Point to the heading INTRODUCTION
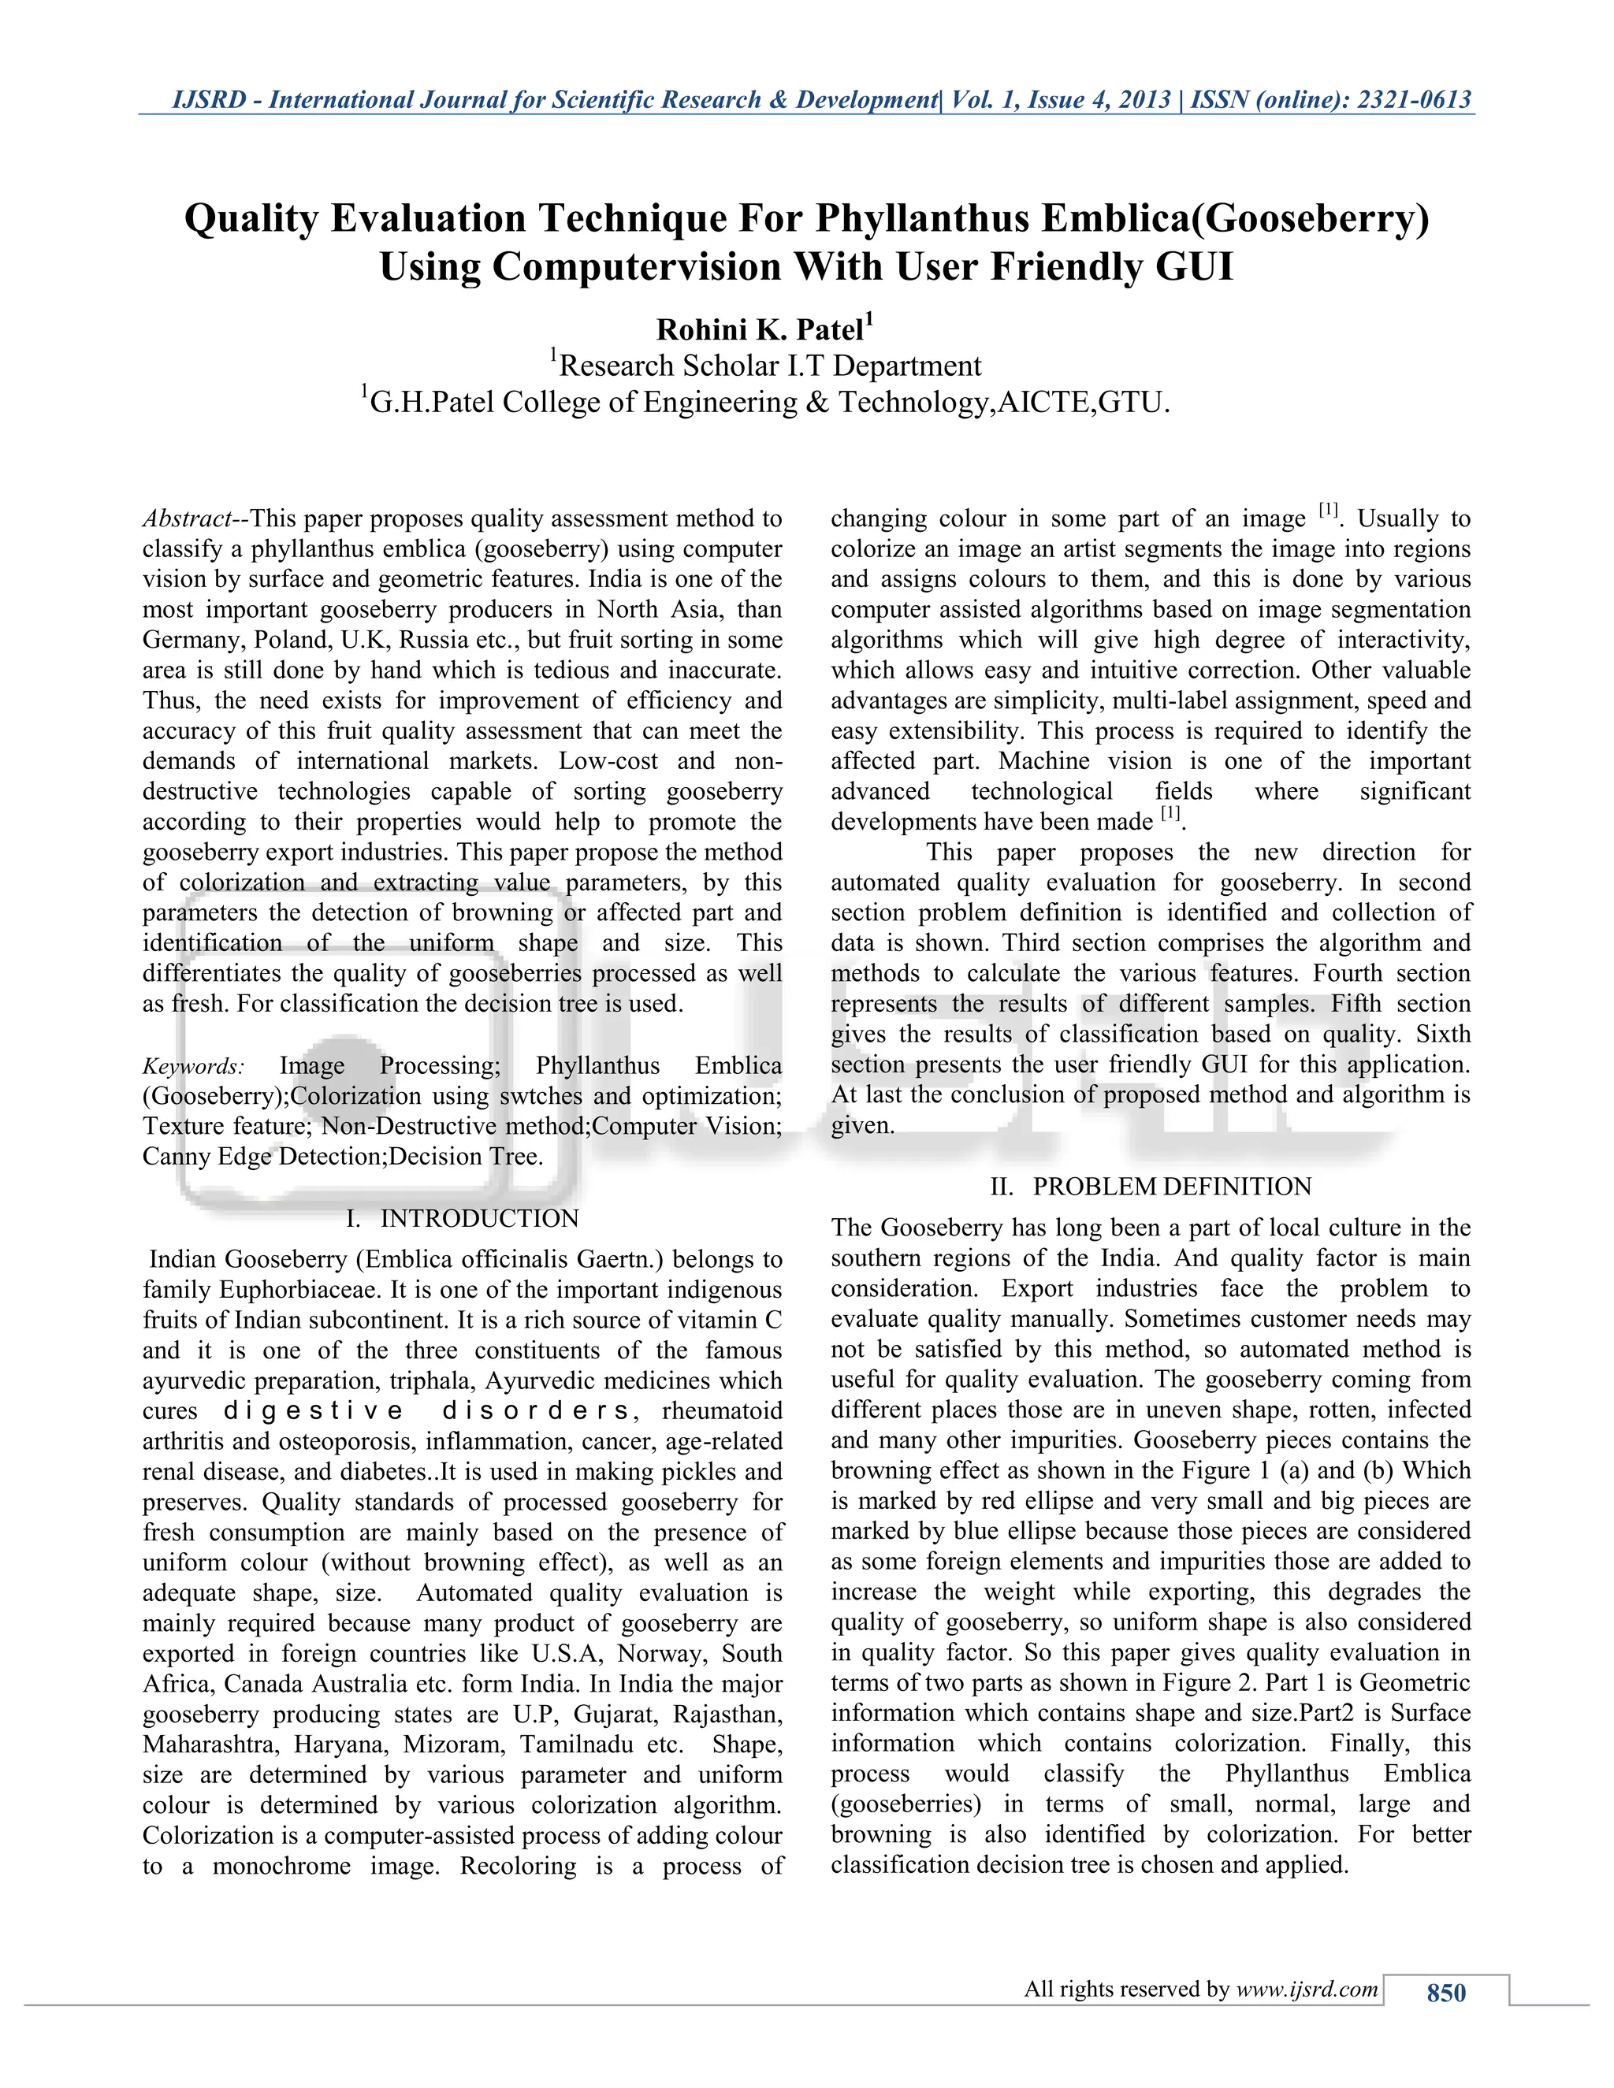coord(479,1218)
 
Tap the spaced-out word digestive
coord(314,1411)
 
